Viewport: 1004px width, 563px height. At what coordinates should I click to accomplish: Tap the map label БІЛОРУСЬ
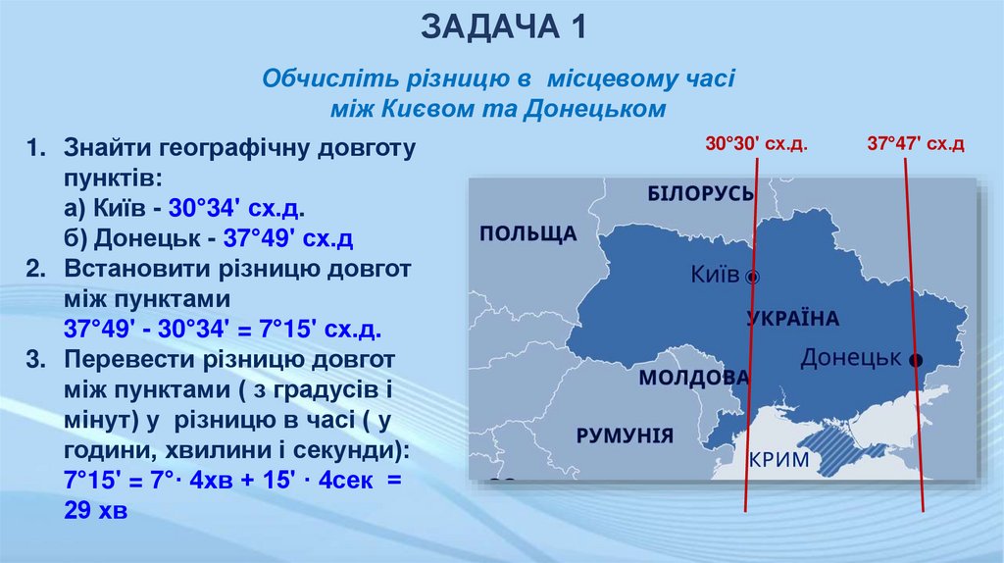[x=700, y=193]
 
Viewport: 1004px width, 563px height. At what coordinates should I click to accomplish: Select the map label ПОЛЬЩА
[x=527, y=233]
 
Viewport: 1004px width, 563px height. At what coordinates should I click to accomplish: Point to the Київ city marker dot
[x=753, y=277]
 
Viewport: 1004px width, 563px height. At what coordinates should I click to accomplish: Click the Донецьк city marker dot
[x=915, y=360]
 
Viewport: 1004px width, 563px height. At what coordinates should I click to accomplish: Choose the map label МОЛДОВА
[x=693, y=378]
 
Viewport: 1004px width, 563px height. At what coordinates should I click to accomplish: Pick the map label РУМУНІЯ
[x=625, y=435]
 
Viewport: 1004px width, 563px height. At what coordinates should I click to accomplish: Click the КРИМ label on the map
[x=779, y=460]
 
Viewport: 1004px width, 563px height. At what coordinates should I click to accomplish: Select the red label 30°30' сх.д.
[x=755, y=144]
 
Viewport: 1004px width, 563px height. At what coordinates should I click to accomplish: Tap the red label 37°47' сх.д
[x=916, y=144]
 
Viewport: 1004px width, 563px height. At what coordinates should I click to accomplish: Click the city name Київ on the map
[x=715, y=275]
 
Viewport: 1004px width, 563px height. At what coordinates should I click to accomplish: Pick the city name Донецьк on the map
[x=850, y=358]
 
